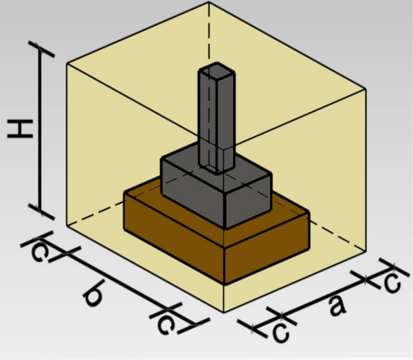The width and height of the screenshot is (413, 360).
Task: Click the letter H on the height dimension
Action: [20, 129]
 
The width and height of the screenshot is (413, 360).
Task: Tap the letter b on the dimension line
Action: [93, 293]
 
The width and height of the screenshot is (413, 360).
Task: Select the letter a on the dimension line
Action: [337, 306]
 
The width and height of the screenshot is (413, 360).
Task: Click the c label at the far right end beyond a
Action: [392, 282]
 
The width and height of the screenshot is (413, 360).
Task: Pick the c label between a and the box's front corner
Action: [281, 332]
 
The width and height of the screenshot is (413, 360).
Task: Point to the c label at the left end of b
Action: [41, 250]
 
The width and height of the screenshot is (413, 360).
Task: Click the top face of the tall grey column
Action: [217, 69]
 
